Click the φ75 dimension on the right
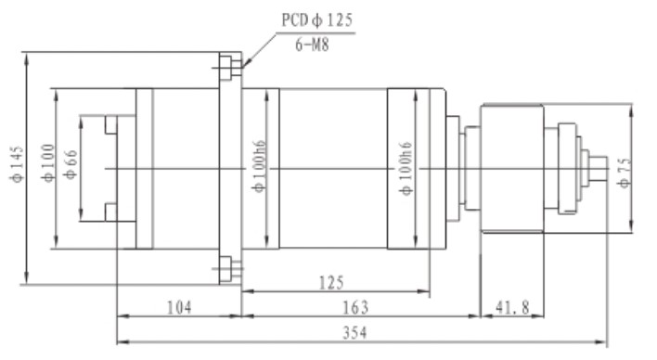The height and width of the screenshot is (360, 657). [x=625, y=170]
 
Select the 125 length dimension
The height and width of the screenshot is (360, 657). [x=335, y=281]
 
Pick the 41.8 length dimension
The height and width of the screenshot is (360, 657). [x=511, y=306]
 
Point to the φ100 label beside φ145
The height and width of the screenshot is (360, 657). [x=45, y=168]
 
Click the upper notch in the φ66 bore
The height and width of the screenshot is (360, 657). [x=110, y=124]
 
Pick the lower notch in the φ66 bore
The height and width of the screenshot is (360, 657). [x=110, y=212]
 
